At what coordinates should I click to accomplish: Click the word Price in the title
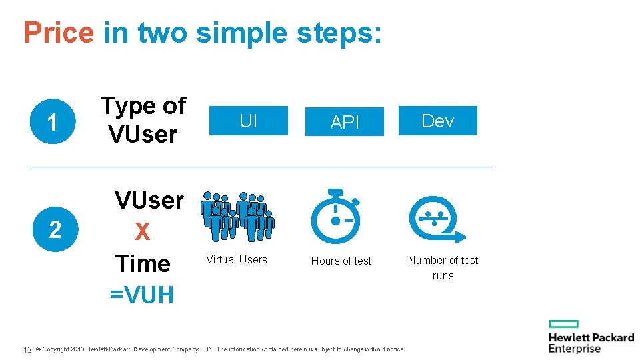pos(59,33)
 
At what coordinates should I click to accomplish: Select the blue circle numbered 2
pos(55,229)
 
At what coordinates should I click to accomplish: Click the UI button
pos(248,121)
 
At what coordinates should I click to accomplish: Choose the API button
pos(345,122)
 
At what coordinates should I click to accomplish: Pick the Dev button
pos(438,121)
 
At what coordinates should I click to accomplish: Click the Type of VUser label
pos(143,120)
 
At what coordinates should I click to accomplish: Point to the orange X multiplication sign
pos(143,232)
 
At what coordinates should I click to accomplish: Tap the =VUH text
pos(143,293)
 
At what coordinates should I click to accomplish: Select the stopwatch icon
pos(337,217)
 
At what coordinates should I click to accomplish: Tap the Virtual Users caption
pos(237,260)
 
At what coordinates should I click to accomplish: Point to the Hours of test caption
pos(341,261)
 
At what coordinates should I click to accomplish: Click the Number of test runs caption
pos(443,267)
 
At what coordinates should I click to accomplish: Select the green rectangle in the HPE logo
pos(563,323)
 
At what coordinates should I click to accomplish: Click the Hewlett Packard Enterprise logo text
pos(591,343)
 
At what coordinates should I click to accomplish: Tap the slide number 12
pos(28,349)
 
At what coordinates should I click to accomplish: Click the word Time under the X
pos(143,263)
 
